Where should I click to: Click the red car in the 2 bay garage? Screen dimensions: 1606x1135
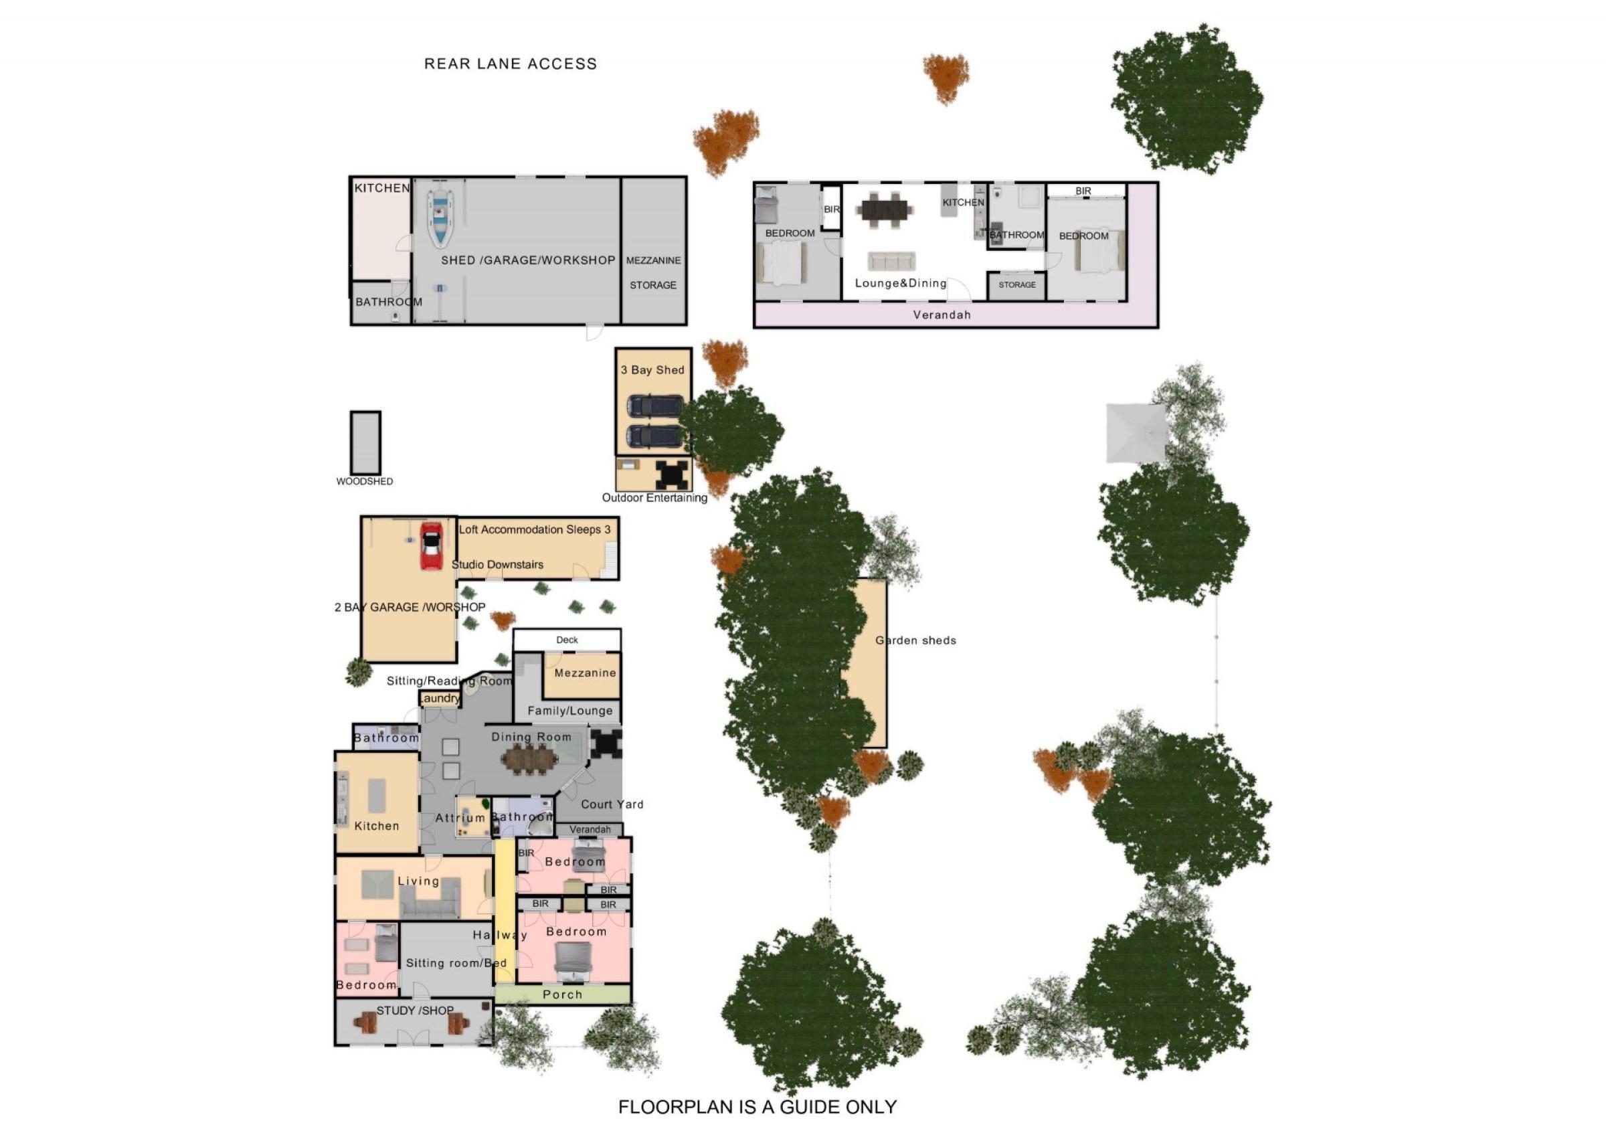(x=431, y=547)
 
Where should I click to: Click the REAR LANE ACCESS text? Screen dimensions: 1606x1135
(x=511, y=64)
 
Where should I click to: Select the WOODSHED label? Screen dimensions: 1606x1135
(x=365, y=481)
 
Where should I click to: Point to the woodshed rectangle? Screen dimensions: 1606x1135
(x=366, y=442)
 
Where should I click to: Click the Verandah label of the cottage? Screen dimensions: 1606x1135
(x=942, y=315)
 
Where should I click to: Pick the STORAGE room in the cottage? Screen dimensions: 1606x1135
(x=1017, y=285)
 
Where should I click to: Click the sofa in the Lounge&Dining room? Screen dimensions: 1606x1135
(x=892, y=261)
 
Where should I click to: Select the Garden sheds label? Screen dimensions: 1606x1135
(x=915, y=640)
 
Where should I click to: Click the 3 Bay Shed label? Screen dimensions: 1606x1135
(x=652, y=370)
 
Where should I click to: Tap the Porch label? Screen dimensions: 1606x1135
(x=562, y=994)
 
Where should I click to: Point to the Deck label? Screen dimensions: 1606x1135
(x=567, y=640)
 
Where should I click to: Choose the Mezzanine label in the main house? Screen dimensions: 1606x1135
(x=586, y=673)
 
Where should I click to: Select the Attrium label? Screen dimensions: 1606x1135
(x=460, y=818)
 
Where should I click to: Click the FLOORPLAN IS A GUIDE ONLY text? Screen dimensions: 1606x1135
(x=757, y=1107)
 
